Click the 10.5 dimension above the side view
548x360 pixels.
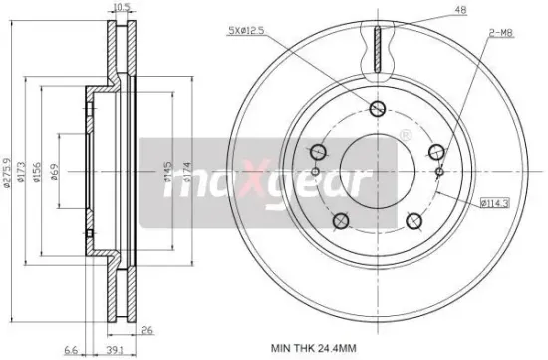(x=122, y=7)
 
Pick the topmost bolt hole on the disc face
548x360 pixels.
(x=378, y=110)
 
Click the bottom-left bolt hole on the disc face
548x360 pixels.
(x=341, y=221)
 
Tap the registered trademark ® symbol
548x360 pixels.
(x=406, y=134)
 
